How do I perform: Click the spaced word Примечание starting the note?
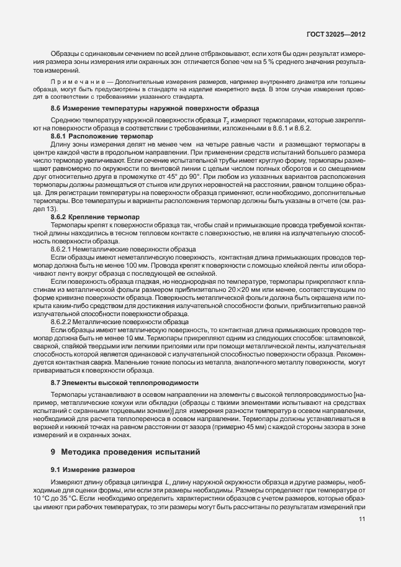coord(72,83)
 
